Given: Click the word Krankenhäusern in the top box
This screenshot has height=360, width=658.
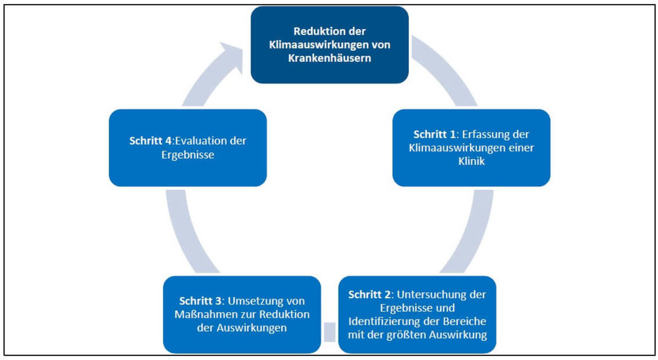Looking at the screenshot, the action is point(330,58).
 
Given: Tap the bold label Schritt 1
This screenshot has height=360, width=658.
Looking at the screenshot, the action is point(434,134).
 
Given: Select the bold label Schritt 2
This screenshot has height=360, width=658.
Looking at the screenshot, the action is point(369,295).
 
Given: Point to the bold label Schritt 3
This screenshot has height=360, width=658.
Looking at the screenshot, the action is point(200,301).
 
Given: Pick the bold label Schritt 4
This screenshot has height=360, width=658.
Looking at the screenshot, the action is point(150,141).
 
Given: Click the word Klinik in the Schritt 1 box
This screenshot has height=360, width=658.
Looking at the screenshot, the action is point(471,161).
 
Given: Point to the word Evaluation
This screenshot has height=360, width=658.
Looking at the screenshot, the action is point(201,141).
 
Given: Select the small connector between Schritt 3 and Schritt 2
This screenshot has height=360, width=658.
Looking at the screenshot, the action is point(330,332).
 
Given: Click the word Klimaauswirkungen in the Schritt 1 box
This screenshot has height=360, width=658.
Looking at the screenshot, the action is point(453,148).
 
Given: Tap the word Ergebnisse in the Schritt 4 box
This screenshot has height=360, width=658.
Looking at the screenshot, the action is point(188,154).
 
